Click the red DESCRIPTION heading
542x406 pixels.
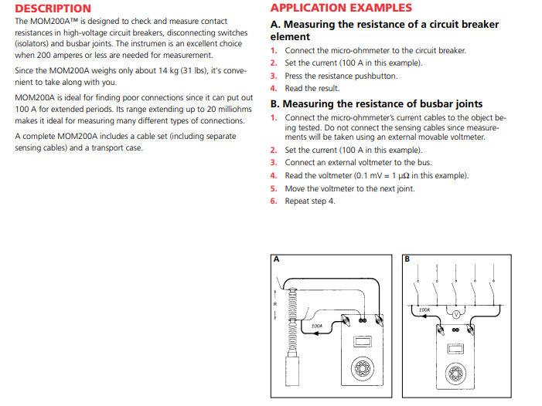click(53, 8)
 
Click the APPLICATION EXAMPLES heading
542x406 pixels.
click(341, 8)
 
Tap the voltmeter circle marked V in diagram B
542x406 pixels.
click(455, 315)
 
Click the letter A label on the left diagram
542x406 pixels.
click(274, 259)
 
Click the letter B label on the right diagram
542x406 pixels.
click(407, 259)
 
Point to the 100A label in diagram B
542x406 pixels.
click(424, 310)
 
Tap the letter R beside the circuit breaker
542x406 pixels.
click(274, 303)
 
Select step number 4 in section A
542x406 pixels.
click(274, 89)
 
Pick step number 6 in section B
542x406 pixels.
click(274, 201)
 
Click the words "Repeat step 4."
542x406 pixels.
click(310, 201)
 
